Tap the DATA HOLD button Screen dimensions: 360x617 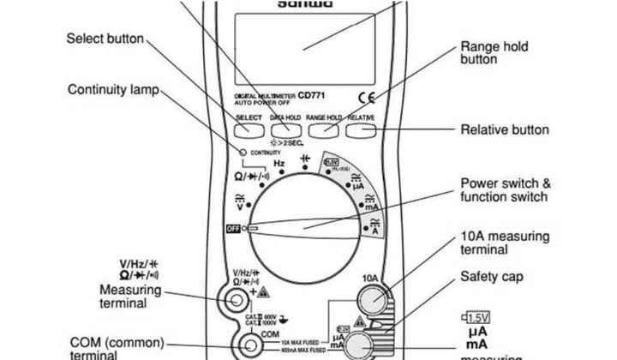click(285, 129)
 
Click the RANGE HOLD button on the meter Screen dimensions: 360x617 click(323, 129)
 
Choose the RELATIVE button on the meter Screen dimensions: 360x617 click(361, 129)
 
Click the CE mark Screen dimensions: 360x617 click(367, 98)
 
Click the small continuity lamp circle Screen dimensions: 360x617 click(243, 152)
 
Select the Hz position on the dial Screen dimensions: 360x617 click(279, 163)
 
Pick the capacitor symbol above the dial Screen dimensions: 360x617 click(304, 159)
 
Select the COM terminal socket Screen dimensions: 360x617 click(251, 345)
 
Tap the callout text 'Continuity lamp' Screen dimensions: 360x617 click(112, 89)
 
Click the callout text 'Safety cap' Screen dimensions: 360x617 click(492, 277)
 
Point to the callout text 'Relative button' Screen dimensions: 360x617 click(505, 130)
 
